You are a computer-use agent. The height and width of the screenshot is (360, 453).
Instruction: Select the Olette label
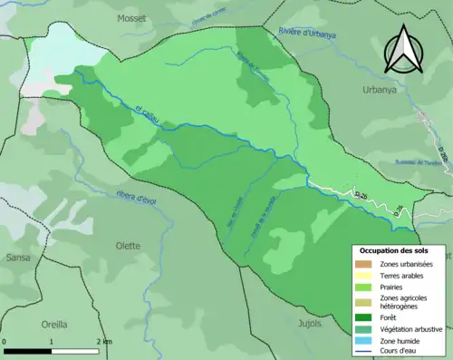pos(127,245)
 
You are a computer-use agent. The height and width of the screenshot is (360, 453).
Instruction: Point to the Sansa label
pos(19,258)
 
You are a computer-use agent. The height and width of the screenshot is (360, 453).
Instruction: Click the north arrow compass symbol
pos(401,50)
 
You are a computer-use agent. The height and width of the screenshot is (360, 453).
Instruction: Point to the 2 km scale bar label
pos(104,341)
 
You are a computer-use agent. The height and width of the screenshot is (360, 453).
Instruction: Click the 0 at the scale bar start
pos(5,341)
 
